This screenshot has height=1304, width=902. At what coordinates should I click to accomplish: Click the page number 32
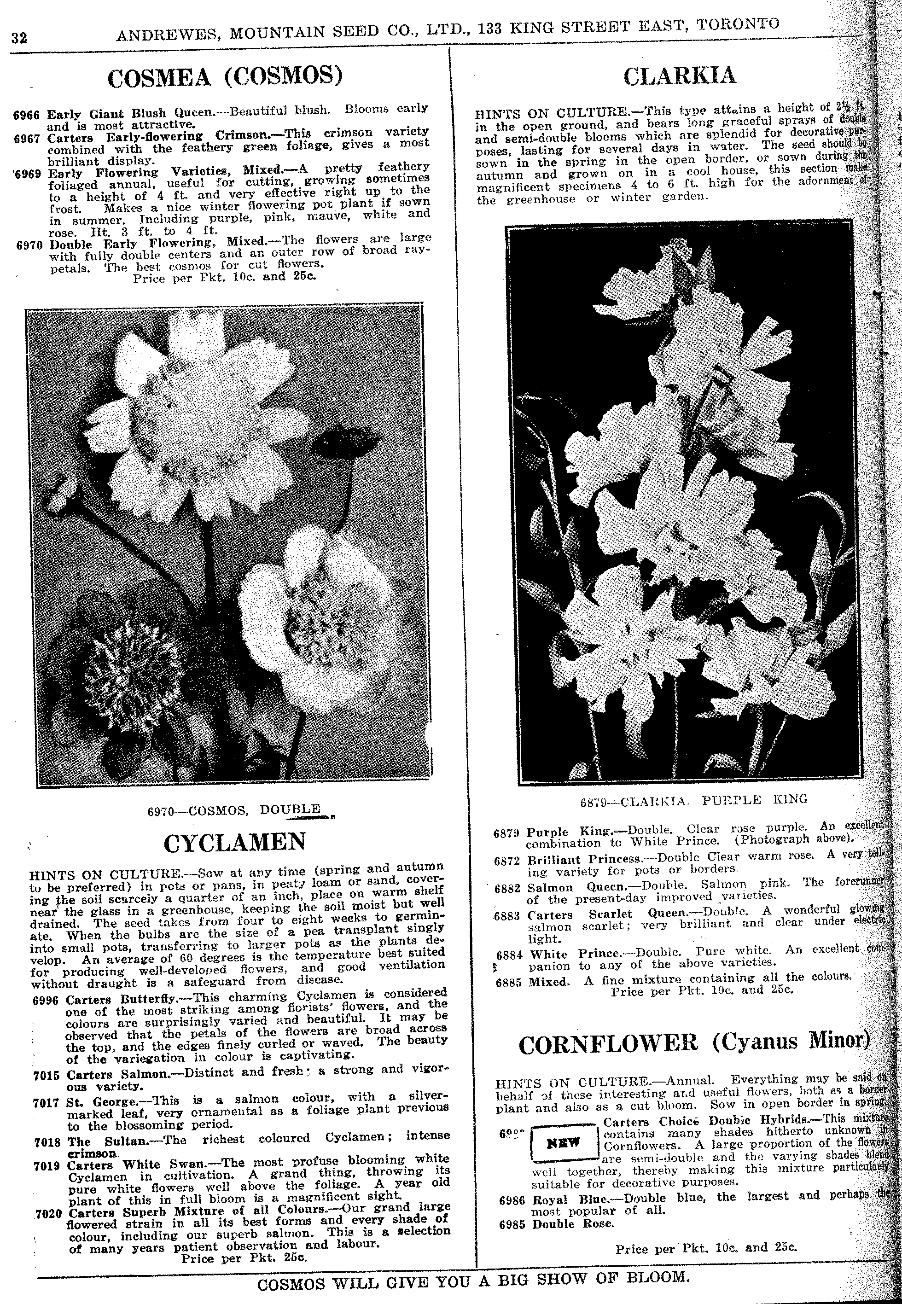tap(19, 38)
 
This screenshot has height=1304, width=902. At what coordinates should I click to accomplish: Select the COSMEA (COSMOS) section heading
tap(225, 77)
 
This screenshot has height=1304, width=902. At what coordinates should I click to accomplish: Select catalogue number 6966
tap(26, 115)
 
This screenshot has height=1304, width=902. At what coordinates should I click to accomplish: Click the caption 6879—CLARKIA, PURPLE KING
tap(693, 800)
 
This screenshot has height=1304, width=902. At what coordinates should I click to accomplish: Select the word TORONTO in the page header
tap(738, 25)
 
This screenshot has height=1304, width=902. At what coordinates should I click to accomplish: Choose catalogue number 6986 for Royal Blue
tap(512, 1200)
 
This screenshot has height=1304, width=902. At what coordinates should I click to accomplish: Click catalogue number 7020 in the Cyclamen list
tap(50, 1214)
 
